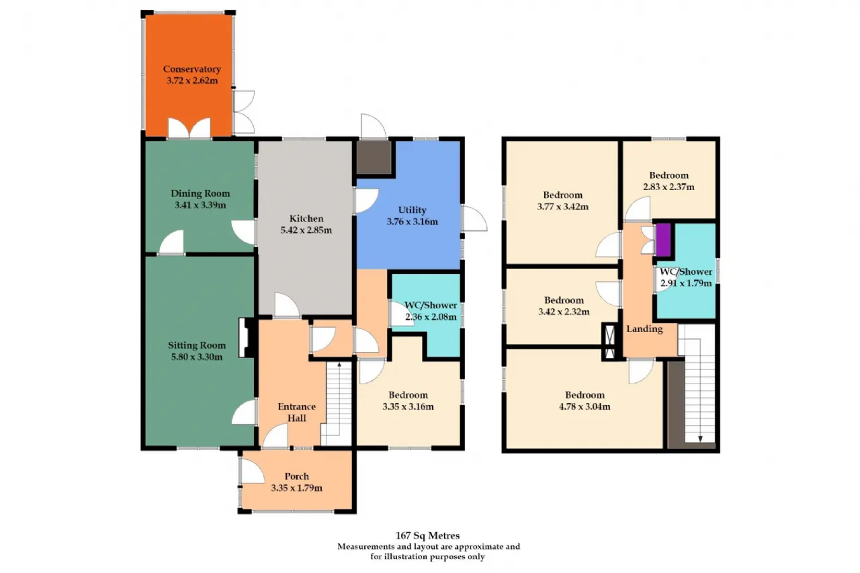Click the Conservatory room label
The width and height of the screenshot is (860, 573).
pos(192,69)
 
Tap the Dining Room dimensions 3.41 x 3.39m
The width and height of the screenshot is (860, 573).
pos(200,205)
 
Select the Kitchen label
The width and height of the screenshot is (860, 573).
pos(306,218)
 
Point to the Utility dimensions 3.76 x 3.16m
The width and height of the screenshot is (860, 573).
pos(412,222)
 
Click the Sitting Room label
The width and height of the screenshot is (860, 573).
pos(197,345)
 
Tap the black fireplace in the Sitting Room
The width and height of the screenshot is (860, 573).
pos(247,337)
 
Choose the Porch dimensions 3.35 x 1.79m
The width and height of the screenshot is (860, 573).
pos(297,488)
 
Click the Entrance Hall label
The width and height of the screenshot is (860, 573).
pos(297,412)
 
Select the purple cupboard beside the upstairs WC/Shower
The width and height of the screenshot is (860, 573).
pos(663,240)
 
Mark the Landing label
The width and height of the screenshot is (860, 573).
pos(644,329)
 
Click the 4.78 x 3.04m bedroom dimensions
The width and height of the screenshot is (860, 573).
pos(585,406)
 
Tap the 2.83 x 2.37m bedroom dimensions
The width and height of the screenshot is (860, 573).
pos(669,187)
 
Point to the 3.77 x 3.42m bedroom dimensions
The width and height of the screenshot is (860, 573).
pos(563,206)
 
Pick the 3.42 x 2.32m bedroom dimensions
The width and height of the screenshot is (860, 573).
pos(564,312)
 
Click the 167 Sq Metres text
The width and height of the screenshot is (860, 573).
pos(428,535)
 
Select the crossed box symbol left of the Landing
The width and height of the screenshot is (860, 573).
pos(610,342)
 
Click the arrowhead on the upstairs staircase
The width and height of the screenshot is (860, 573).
pos(700,439)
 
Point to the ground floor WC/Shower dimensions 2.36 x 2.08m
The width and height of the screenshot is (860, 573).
pos(431,317)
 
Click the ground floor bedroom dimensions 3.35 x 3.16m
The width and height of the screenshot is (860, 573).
pos(408,406)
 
